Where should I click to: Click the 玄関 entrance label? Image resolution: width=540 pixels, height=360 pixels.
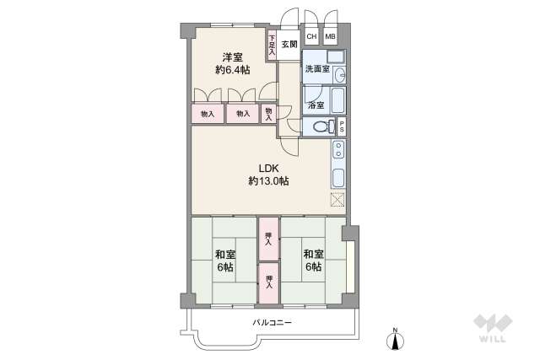click(289, 45)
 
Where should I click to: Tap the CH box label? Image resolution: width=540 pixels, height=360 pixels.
click(311, 37)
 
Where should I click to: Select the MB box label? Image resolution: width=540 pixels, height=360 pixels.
click(330, 37)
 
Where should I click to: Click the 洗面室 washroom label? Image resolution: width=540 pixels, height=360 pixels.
click(317, 68)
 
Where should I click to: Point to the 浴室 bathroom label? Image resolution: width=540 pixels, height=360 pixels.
click(316, 105)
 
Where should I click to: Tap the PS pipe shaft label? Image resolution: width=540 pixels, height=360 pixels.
click(343, 127)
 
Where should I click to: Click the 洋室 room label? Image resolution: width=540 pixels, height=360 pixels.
click(234, 57)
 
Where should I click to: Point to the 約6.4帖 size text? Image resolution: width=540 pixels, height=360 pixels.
click(234, 71)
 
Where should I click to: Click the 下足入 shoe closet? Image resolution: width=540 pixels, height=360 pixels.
click(272, 45)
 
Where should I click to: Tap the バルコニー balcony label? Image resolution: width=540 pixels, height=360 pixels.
click(272, 323)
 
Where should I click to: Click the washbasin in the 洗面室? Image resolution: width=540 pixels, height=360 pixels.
click(338, 75)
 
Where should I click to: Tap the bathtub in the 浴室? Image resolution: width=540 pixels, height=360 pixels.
click(337, 101)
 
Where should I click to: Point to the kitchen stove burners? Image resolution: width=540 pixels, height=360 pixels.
click(337, 151)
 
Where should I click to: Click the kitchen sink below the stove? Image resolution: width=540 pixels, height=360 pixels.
click(337, 178)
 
